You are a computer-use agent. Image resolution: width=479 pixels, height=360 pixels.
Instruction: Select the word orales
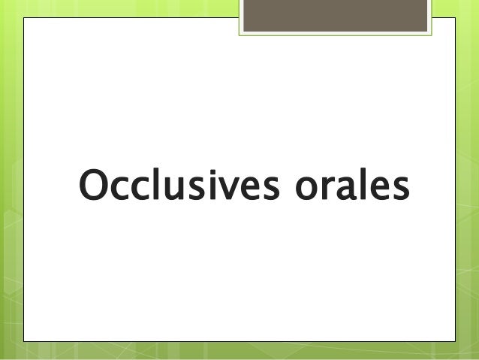point(345,186)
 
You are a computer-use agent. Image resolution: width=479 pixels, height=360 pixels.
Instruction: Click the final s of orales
point(399,190)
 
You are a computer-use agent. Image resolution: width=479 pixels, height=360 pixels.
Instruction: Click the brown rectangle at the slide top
point(336,16)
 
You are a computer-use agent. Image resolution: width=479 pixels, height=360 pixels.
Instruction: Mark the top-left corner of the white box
point(25,18)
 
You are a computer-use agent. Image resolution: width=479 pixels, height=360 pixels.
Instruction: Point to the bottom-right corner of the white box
point(454,341)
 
